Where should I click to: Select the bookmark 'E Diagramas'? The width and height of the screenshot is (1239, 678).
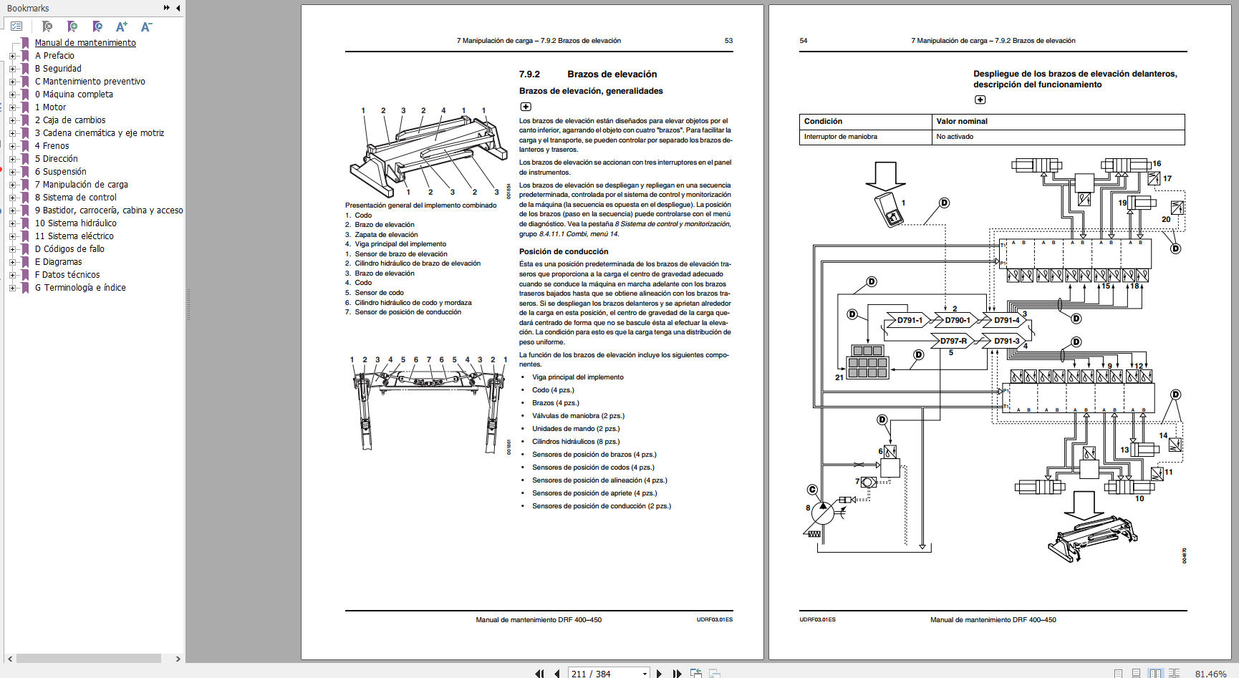tap(62, 262)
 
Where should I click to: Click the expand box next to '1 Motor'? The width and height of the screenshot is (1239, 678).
tap(12, 107)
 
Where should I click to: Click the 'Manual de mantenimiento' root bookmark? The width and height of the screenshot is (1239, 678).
tap(85, 43)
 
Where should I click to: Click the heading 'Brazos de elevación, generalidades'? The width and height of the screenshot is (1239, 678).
tap(590, 91)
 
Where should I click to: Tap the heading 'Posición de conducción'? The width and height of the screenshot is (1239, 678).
tap(563, 251)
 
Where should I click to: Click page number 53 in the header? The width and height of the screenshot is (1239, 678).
tap(728, 41)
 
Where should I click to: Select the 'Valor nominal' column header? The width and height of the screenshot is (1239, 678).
tap(961, 122)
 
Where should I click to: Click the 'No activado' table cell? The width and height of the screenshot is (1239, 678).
tap(955, 137)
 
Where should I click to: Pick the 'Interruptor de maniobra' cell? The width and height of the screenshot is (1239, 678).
tap(840, 137)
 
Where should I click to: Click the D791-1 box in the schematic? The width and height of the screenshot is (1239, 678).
tap(910, 320)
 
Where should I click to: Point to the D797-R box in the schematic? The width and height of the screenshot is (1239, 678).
tap(953, 341)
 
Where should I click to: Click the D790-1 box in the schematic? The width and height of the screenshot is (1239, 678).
tap(957, 320)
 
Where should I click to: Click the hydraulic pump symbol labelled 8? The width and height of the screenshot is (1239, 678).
tap(823, 513)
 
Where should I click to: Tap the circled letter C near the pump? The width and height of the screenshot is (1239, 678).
tap(812, 490)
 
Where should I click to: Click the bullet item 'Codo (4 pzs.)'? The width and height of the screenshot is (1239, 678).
tap(552, 390)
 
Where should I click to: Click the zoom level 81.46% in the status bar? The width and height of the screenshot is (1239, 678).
tap(1210, 674)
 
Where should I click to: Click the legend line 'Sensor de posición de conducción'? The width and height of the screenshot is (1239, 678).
tap(408, 312)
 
